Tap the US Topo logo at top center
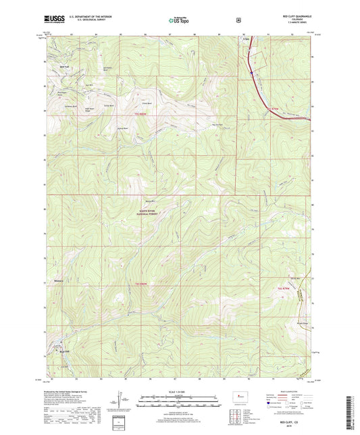click(179, 21)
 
